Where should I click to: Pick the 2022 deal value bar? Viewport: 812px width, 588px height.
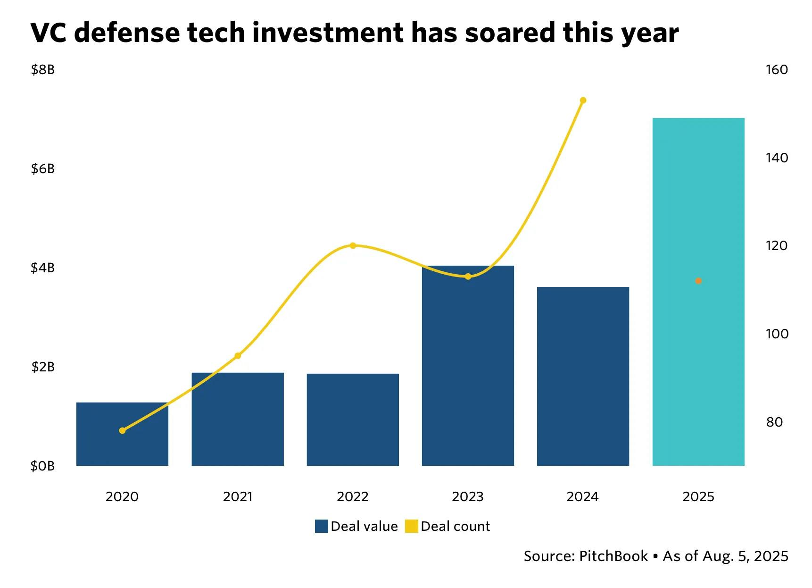pos(353,420)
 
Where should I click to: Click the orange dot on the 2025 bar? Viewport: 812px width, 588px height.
pos(698,281)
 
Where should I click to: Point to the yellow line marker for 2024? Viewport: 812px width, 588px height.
pos(583,101)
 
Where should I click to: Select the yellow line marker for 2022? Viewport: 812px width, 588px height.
pos(353,245)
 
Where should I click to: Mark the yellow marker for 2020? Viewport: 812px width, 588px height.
pos(123,430)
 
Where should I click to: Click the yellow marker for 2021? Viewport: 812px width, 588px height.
pos(238,355)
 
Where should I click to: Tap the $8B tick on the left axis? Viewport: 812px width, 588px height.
pos(42,70)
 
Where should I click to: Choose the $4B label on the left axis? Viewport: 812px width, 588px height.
pos(42,268)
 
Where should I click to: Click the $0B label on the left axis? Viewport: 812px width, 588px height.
pos(42,466)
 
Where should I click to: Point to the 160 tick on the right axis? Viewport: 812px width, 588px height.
pos(777,70)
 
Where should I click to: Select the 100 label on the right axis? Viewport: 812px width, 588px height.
pos(777,334)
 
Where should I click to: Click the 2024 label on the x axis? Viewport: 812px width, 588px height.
pos(582,496)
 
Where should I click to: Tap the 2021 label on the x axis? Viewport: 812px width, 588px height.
pos(238,496)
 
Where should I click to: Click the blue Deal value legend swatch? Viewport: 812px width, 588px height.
pos(321,526)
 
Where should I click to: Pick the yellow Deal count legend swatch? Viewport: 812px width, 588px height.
pos(412,526)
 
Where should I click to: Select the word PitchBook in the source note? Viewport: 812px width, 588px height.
pos(613,556)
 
